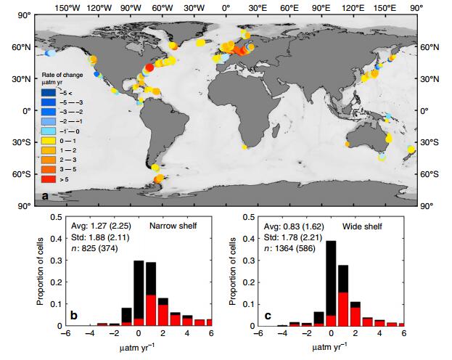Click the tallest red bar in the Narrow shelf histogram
point(151,309)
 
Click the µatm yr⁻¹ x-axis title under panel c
point(330,348)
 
